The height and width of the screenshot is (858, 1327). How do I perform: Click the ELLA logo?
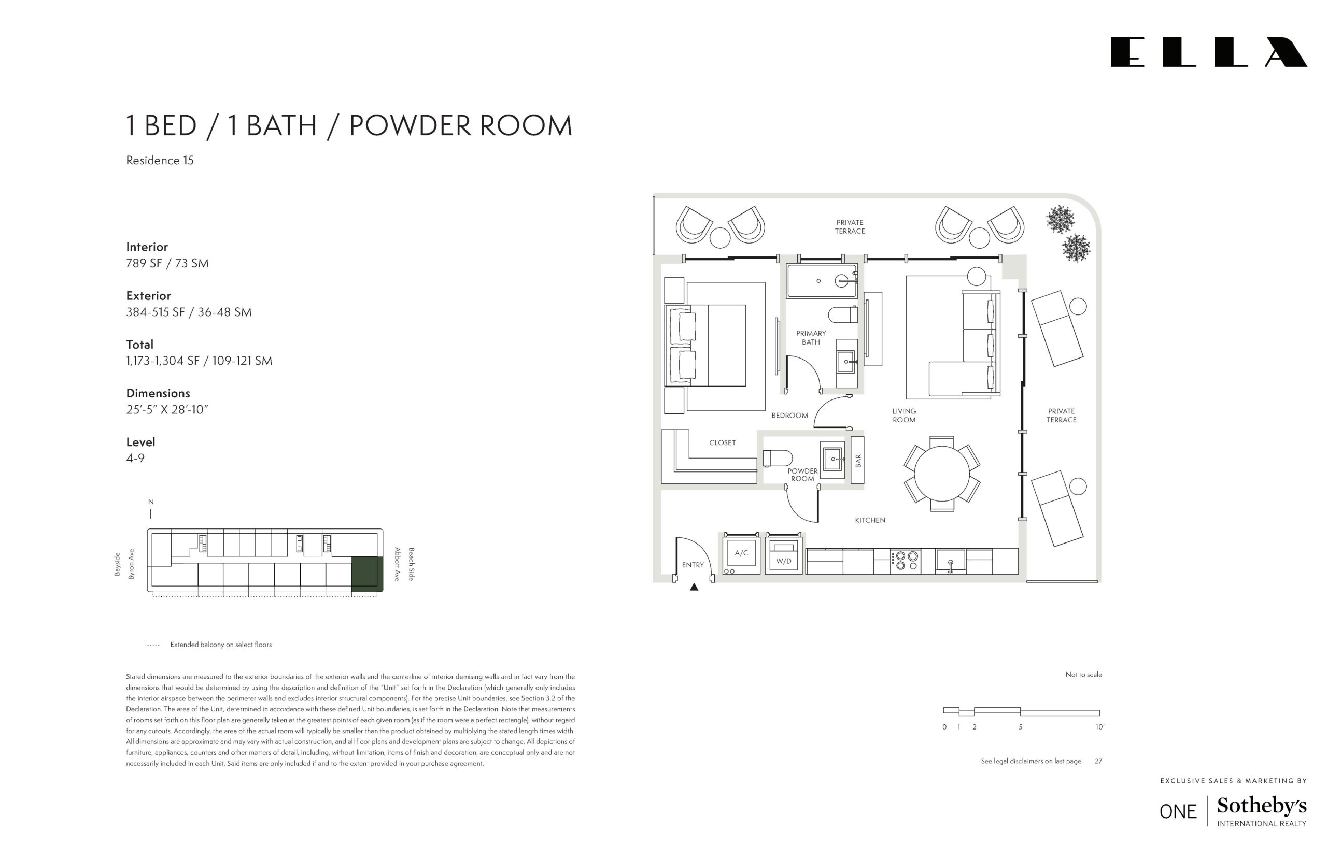click(1208, 52)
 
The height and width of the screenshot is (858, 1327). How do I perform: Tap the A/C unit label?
click(741, 553)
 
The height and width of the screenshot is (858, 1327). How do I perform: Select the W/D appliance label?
click(784, 561)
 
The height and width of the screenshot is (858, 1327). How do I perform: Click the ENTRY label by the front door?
click(693, 565)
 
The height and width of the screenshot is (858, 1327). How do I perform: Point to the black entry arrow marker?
click(694, 587)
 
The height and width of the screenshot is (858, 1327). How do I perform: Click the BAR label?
click(858, 460)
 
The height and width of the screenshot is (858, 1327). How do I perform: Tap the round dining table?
click(941, 474)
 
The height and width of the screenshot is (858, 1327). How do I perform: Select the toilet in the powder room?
click(778, 458)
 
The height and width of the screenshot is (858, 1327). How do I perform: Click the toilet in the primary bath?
click(843, 315)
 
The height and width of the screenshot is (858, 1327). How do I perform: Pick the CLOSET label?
click(722, 443)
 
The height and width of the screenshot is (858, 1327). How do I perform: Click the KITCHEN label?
click(870, 520)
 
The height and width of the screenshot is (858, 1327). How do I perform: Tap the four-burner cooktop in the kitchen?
click(905, 561)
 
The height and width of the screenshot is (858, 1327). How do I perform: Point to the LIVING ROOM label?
click(904, 416)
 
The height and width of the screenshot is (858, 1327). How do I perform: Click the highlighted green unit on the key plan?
click(366, 574)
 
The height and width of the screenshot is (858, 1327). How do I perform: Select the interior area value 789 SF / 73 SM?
click(167, 263)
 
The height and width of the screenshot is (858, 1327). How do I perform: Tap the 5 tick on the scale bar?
click(1020, 727)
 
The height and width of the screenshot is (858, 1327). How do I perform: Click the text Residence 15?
click(160, 161)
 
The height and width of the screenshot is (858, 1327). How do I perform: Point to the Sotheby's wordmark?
click(1262, 806)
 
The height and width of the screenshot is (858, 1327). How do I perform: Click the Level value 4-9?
click(135, 458)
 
